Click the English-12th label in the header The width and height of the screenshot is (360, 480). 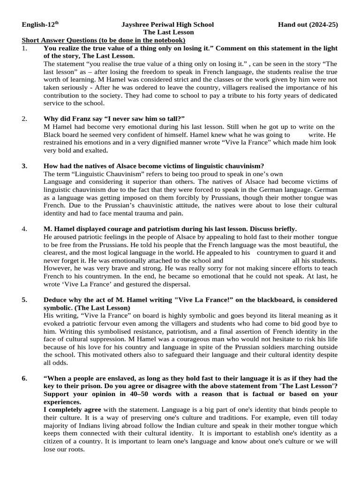[41, 24]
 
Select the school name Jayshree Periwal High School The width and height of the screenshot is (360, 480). [167, 24]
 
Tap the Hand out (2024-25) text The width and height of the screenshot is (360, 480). [307, 24]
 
